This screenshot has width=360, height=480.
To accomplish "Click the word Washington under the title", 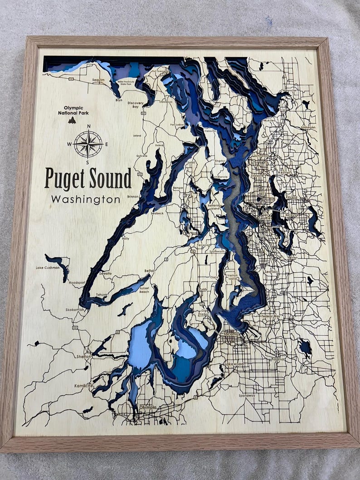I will [x=86, y=199].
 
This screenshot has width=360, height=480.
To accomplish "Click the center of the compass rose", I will [x=88, y=144].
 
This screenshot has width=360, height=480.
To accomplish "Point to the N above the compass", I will [x=88, y=126].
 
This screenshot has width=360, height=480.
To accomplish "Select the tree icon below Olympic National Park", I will [x=72, y=120].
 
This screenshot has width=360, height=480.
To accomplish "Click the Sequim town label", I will [x=98, y=80].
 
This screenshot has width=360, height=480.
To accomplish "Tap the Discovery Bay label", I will [x=136, y=105].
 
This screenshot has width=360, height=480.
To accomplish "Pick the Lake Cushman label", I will [x=48, y=268].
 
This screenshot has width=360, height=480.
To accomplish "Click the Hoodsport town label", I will [x=77, y=282].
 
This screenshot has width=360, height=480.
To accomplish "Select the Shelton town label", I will [x=84, y=356].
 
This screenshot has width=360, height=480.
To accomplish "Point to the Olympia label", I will [x=148, y=407].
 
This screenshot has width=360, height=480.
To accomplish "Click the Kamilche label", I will [x=84, y=386].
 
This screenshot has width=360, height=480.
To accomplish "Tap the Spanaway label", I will [x=247, y=395].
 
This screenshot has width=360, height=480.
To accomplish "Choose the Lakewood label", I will [x=234, y=364].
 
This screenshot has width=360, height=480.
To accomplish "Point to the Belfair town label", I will [x=149, y=270].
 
